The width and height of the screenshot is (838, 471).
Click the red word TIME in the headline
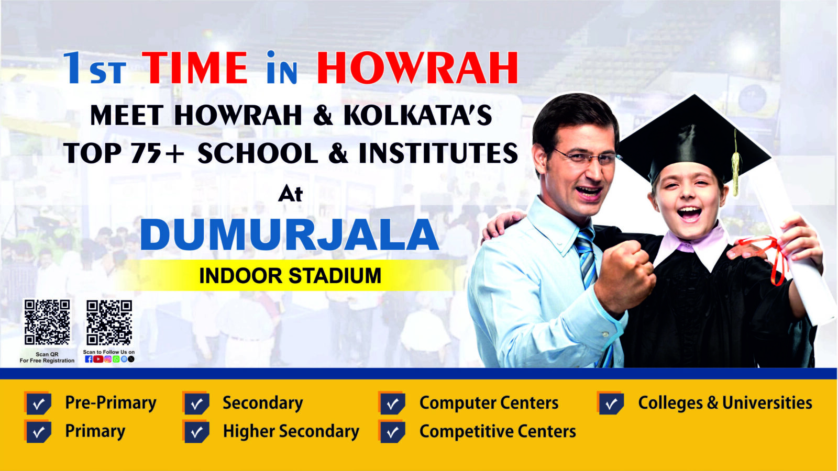(x=194, y=68)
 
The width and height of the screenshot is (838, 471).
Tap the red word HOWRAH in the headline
(x=417, y=68)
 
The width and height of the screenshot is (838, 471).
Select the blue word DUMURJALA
(x=289, y=234)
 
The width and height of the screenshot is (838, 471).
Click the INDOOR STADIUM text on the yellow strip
(x=290, y=275)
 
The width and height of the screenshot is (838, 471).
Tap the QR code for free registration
(x=47, y=322)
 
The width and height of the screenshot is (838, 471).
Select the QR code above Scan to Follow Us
(x=109, y=322)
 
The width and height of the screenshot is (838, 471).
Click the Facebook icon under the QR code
(x=89, y=359)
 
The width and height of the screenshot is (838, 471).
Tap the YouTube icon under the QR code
(x=98, y=359)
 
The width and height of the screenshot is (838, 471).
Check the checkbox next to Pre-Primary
(x=38, y=403)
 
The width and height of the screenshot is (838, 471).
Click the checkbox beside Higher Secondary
(x=196, y=432)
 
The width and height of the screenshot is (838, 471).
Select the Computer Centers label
(x=489, y=403)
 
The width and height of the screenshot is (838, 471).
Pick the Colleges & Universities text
(x=725, y=403)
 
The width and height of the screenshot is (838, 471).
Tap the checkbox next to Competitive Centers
(x=392, y=432)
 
